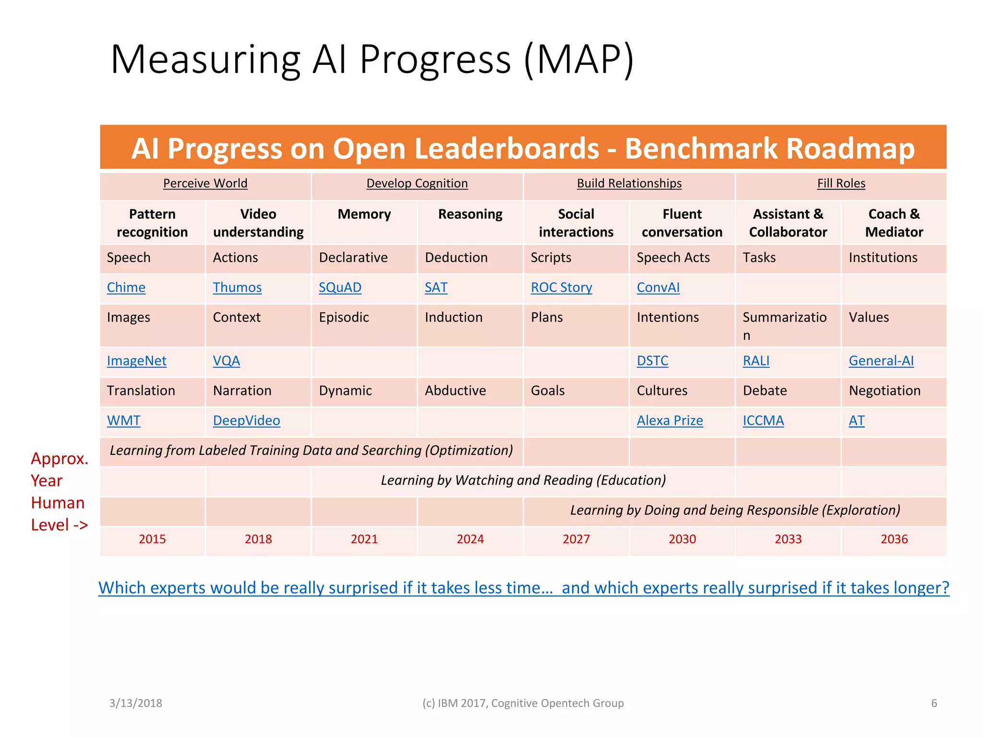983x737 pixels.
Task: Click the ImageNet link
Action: pos(136,361)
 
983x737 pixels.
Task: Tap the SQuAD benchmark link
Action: pos(340,287)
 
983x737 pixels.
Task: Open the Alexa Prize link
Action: pos(670,421)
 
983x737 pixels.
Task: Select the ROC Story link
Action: pos(561,287)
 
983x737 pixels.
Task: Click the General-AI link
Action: pos(881,361)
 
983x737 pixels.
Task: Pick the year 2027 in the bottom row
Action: pos(576,539)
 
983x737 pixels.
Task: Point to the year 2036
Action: pos(894,539)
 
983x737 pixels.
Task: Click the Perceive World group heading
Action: pos(205,184)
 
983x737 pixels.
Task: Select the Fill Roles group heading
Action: pos(841,184)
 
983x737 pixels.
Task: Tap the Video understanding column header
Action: pos(258,223)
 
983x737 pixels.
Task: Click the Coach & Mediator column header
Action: pos(894,223)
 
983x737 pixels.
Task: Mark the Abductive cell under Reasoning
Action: pos(455,391)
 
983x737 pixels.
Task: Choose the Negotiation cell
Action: pos(884,391)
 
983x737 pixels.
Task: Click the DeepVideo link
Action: pos(246,421)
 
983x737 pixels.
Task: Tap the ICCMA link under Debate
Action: pos(763,421)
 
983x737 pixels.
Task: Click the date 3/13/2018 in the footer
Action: pos(136,703)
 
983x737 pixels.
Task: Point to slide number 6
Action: pos(934,703)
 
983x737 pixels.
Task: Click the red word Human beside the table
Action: pos(58,503)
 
